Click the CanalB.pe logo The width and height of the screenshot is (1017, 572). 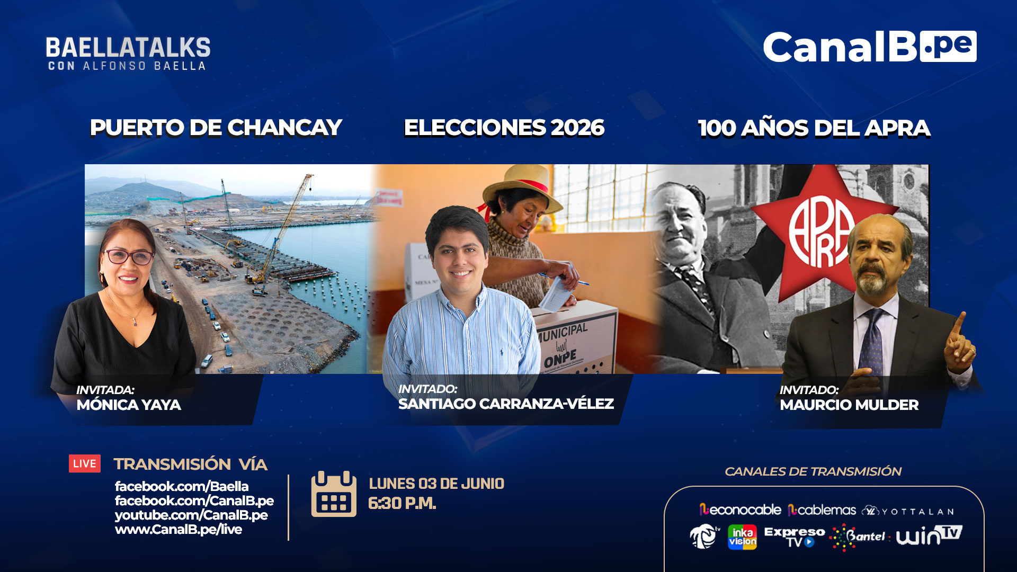pos(870,47)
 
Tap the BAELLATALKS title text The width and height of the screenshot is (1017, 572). pos(128,48)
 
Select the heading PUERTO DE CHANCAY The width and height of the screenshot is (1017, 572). pos(216,128)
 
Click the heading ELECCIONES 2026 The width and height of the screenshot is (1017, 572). pos(504,128)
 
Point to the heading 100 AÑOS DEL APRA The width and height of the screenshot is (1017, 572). pos(814,128)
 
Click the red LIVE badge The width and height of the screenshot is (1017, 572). pos(85,463)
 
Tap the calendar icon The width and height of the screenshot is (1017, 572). pos(334,494)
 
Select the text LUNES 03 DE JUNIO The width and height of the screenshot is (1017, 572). pos(436,484)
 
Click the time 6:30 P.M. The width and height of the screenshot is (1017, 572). pos(402,503)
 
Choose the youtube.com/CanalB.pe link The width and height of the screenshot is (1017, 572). pos(191,515)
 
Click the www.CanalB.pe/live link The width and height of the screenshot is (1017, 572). pos(179,530)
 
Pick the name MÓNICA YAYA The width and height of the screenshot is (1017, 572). pos(129,405)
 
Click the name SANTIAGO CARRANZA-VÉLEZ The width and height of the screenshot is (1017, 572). pos(506,404)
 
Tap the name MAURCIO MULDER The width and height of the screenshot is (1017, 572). pos(849,405)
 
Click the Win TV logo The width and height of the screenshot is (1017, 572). pos(929,535)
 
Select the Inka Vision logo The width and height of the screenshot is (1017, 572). pos(742,537)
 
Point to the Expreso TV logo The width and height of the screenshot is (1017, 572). pos(794,537)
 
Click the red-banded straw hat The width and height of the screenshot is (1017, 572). pos(521,189)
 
